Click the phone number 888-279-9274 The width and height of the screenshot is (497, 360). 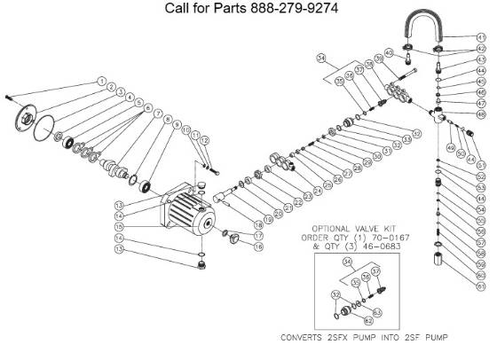coord(287,10)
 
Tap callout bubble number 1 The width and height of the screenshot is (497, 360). coord(102,81)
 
